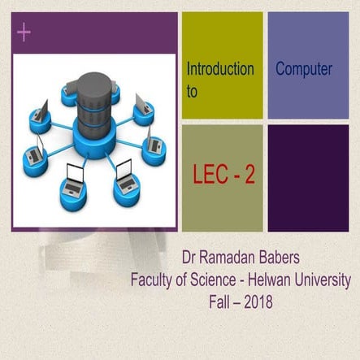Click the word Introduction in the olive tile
point(220,69)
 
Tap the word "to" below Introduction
point(193,92)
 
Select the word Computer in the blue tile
point(304,69)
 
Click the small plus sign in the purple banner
point(23,33)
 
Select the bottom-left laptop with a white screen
point(75,176)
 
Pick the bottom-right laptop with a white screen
point(124,172)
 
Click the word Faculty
point(154,282)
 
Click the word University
point(326,282)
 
